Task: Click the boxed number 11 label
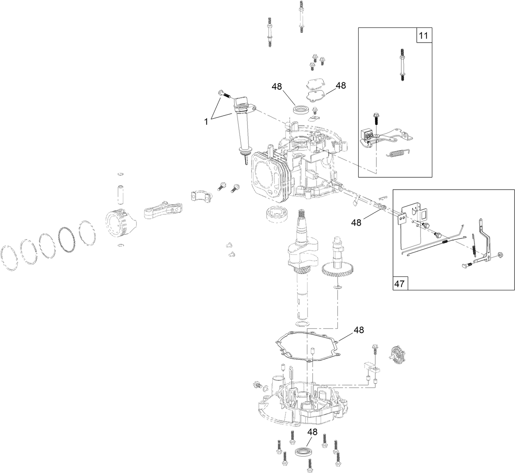(424, 36)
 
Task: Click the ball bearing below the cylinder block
(278, 214)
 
